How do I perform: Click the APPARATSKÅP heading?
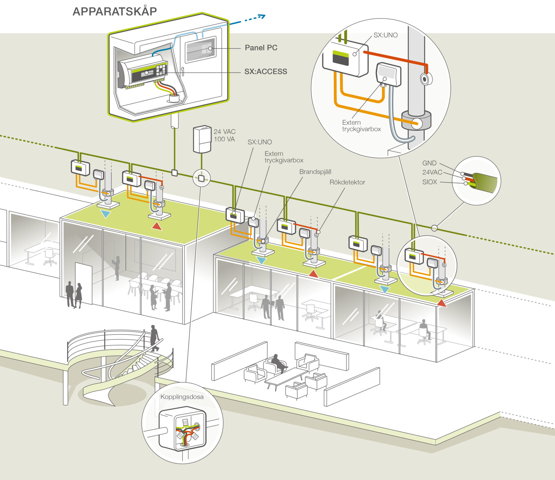pos(115,11)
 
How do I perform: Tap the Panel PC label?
pos(261,48)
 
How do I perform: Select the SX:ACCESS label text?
pos(265,72)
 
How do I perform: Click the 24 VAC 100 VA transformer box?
pos(202,139)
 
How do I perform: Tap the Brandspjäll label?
pos(315,172)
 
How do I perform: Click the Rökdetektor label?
pos(347,182)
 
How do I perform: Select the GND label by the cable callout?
pos(429,163)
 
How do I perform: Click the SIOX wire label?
pos(430,182)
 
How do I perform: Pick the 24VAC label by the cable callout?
pos(432,172)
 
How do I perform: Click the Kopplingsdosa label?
pos(182,397)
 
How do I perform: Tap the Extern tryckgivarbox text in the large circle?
pos(361,126)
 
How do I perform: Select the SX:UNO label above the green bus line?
pos(260,142)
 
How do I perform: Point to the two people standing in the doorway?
pos(74,294)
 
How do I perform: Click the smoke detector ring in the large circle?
pos(426,79)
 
